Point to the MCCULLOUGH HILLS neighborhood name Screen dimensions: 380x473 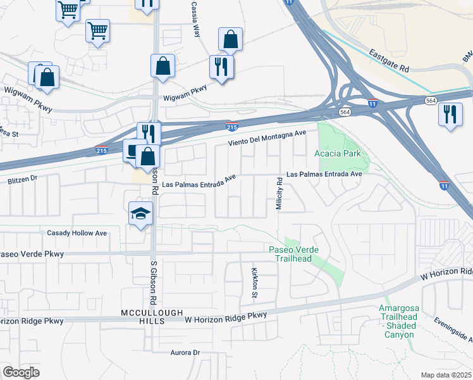152,317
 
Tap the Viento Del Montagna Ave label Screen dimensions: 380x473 267,136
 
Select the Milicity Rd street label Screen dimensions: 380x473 279,194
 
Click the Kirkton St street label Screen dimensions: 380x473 255,282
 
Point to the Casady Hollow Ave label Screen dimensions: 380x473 77,233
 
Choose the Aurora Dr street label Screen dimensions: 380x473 185,352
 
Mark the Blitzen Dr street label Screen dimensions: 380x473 22,179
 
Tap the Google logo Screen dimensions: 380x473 21,372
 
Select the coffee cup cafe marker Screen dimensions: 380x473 133,150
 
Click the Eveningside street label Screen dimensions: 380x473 452,329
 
